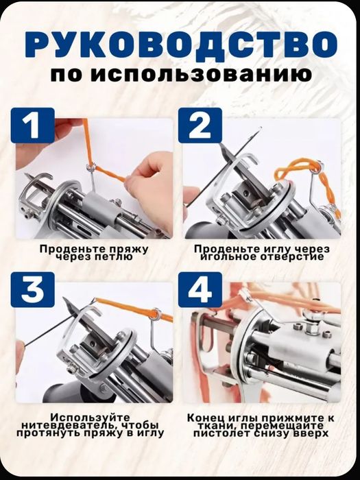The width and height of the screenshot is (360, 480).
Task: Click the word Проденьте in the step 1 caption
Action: coord(65,249)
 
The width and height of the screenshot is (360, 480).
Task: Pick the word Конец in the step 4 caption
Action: coord(204,416)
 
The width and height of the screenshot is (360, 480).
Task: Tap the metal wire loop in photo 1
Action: coord(91,167)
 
